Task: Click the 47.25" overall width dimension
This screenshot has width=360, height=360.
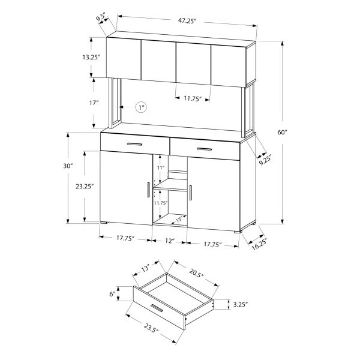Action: tap(187, 21)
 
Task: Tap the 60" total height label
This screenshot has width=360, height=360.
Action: tap(283, 132)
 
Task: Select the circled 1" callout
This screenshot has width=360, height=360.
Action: tap(141, 107)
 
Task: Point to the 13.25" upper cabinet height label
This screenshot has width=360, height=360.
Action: tap(91, 57)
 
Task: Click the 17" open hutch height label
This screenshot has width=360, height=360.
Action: tap(94, 103)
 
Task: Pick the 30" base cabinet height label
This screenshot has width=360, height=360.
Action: tap(68, 166)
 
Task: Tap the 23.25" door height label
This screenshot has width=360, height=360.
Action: tap(85, 186)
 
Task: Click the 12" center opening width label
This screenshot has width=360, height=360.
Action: tap(170, 241)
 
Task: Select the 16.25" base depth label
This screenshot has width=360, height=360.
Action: tap(260, 244)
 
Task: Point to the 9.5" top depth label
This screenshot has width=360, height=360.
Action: tap(101, 18)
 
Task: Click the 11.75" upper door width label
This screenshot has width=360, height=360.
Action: tap(193, 98)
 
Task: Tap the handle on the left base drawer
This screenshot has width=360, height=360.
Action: tap(134, 144)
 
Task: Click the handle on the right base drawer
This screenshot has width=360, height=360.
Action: tap(205, 149)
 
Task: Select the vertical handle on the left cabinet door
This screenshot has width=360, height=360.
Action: tap(148, 190)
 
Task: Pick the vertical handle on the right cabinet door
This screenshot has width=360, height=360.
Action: tap(191, 193)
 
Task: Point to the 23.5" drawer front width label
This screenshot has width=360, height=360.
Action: tap(152, 328)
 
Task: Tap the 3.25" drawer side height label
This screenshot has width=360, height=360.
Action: tap(241, 304)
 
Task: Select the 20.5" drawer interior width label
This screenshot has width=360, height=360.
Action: tap(197, 272)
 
